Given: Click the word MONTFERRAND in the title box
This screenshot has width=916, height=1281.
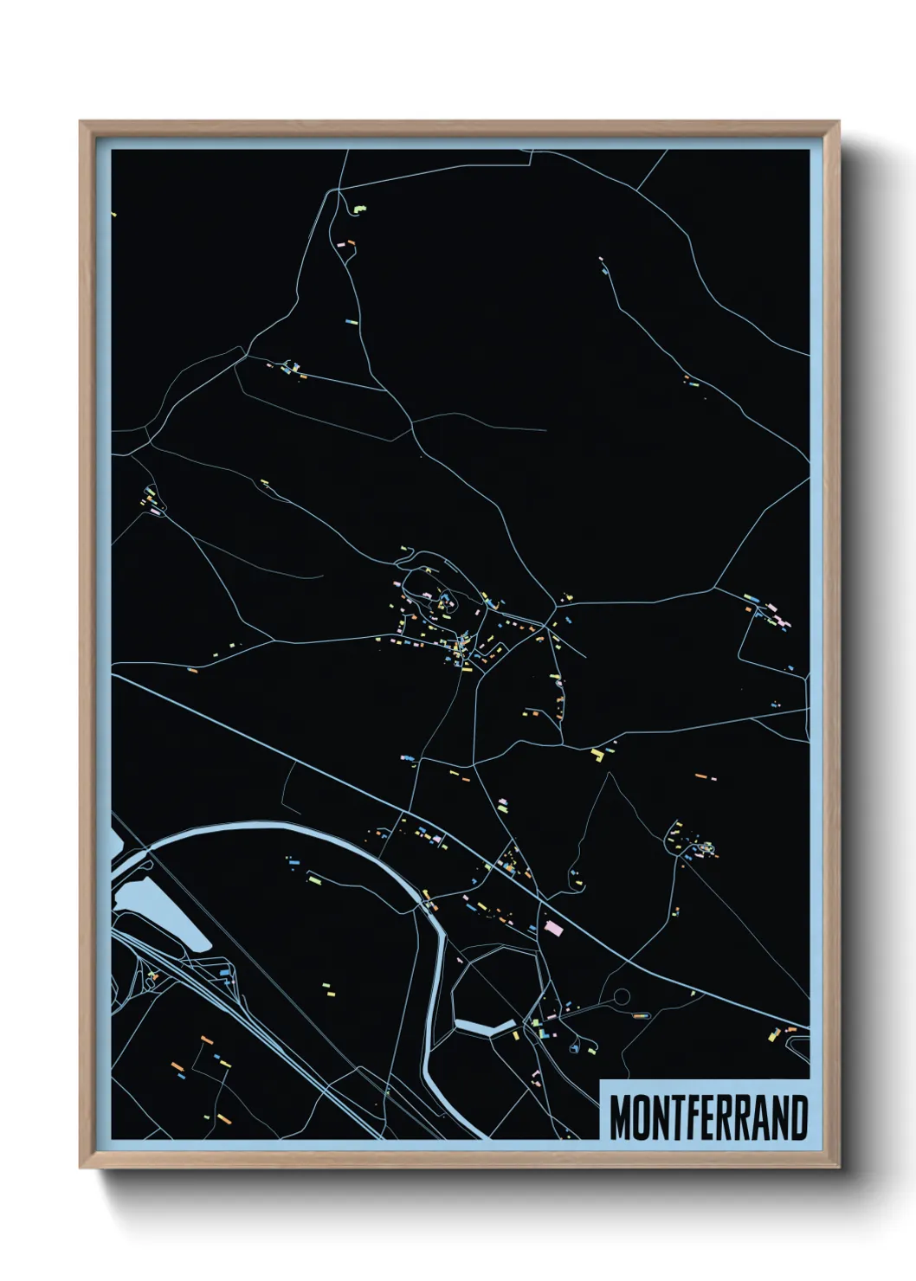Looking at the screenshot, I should coord(708,1117).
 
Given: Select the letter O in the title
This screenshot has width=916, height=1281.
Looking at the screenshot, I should coord(643,1117).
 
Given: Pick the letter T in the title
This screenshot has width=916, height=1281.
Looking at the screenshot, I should coord(681,1117).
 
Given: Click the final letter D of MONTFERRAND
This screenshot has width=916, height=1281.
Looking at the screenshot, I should coord(798,1117).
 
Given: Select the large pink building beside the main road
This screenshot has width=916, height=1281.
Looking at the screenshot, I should coord(553,928).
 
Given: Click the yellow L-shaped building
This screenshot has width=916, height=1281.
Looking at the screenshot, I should coord(597,754).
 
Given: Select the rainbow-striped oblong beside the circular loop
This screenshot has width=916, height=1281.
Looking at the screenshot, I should coord(641,1015).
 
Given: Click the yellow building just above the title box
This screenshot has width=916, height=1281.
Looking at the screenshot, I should coord(775,1033).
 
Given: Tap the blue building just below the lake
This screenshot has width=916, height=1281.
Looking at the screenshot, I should coord(224,974).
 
